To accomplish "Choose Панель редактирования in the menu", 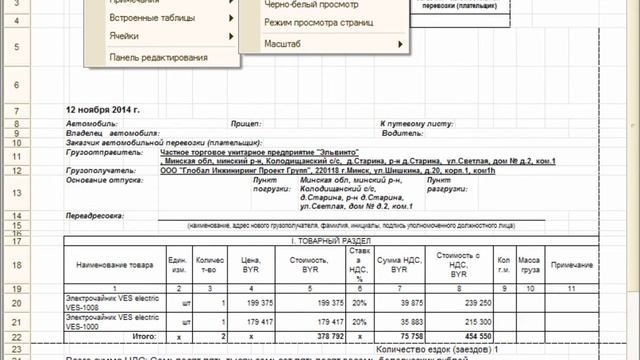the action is [158, 57].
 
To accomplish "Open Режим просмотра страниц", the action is [317, 22].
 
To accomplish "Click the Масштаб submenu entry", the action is [285, 45].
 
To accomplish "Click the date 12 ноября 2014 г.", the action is [103, 110].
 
